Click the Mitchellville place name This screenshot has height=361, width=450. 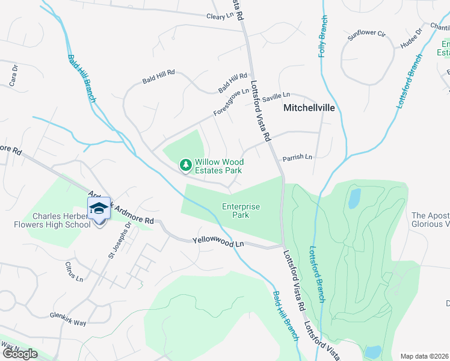pyautogui.click(x=309, y=109)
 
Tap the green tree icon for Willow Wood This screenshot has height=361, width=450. pyautogui.click(x=186, y=164)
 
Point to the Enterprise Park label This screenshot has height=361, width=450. pyautogui.click(x=241, y=211)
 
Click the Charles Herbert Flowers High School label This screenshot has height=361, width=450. pyautogui.click(x=61, y=221)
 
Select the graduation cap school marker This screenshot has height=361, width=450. pyautogui.click(x=99, y=208)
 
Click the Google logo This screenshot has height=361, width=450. pyautogui.click(x=20, y=353)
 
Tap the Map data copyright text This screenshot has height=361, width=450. pyautogui.click(x=425, y=356)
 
